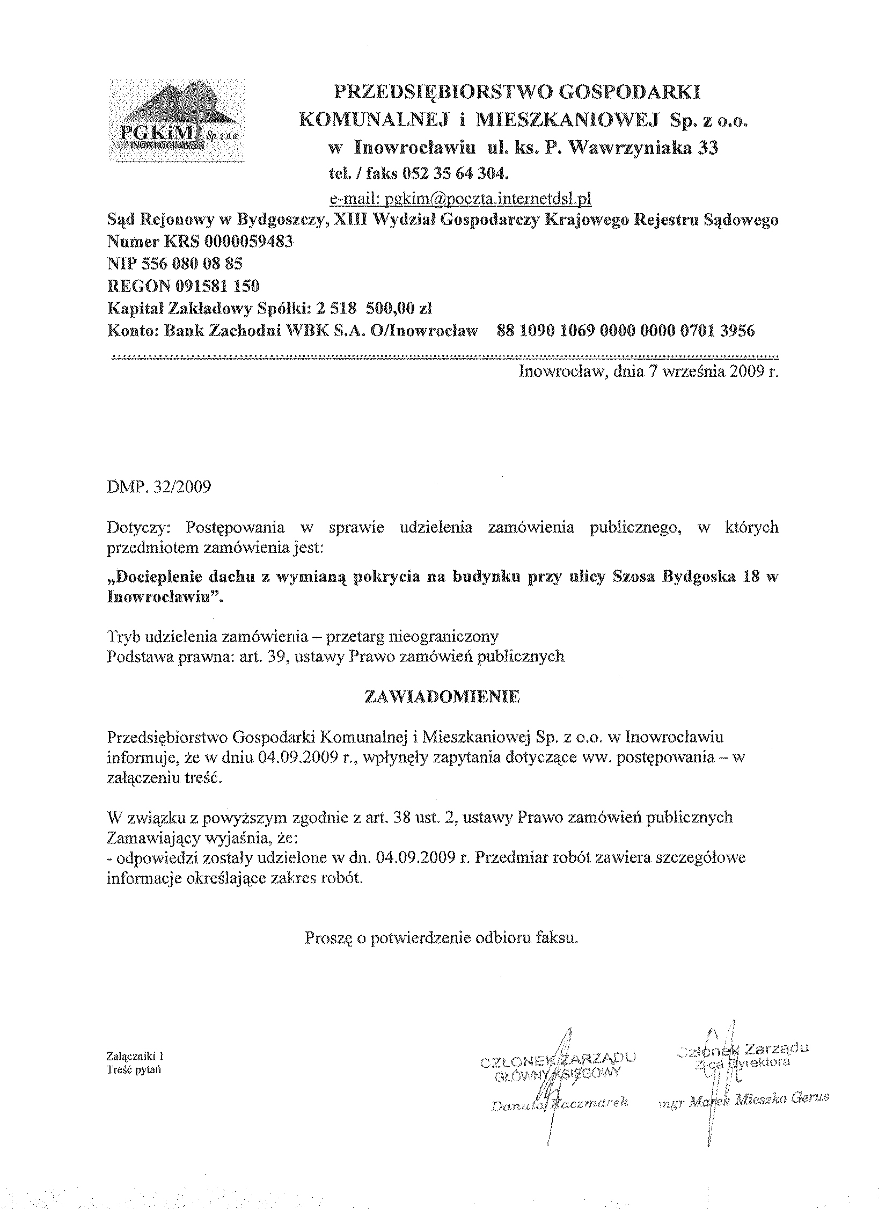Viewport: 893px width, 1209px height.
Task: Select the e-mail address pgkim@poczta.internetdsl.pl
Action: click(x=460, y=199)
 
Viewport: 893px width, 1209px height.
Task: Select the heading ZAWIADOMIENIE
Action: click(x=443, y=697)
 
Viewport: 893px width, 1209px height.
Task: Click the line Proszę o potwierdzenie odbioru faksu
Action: click(x=442, y=937)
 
